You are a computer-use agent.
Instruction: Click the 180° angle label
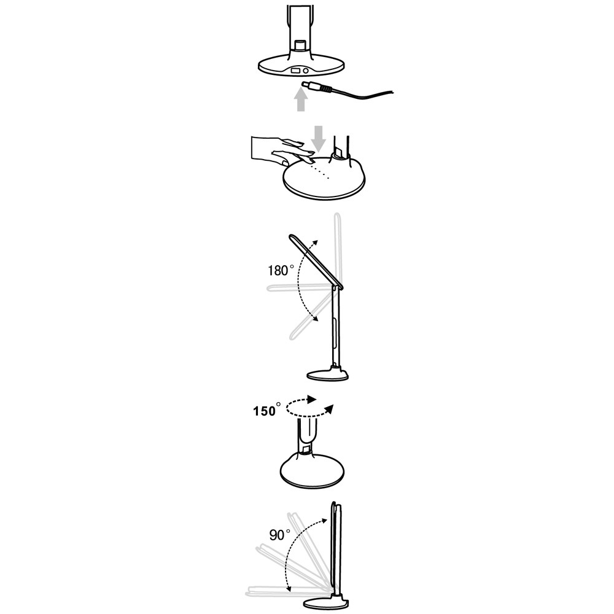pos(281,270)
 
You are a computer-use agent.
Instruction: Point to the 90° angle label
pos(279,535)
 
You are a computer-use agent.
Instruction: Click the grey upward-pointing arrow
pos(300,99)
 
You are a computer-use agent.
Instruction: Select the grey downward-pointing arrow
pos(319,138)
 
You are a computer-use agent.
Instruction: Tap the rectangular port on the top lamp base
pos(295,71)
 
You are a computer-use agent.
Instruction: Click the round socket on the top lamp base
pos(305,71)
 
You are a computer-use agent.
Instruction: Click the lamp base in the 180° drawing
pos(328,375)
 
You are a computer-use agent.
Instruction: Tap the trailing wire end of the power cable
pos(392,93)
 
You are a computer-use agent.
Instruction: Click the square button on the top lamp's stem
pos(300,45)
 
